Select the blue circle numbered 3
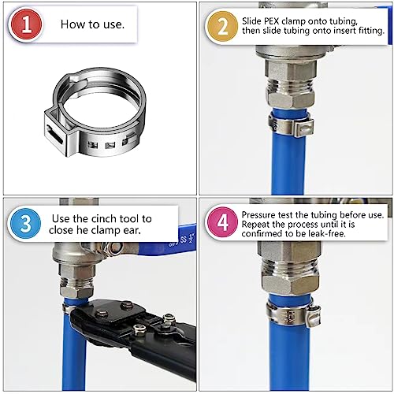pos(27,224)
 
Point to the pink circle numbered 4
pos(224,224)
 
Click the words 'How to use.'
pos(92,24)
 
